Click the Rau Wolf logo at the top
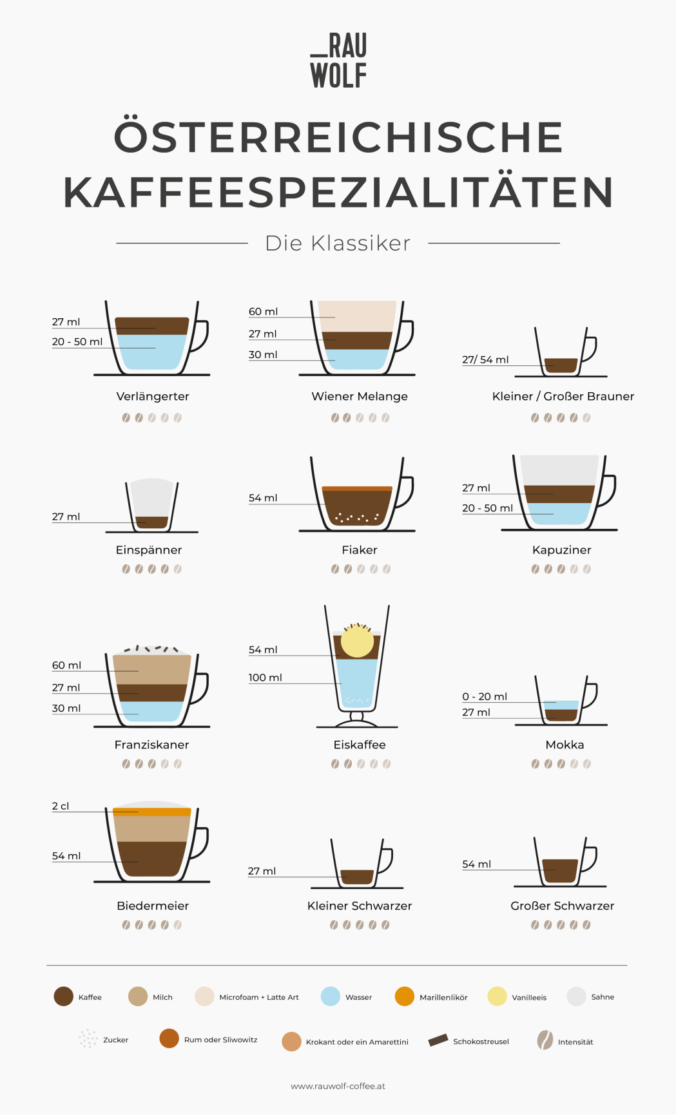(338, 61)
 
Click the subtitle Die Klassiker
(338, 243)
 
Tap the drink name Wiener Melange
(360, 396)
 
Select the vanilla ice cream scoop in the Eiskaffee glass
(357, 641)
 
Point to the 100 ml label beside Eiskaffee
(266, 678)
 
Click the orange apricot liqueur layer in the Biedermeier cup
(152, 812)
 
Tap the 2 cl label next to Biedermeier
(61, 806)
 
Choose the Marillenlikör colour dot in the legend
(405, 996)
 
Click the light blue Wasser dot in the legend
(331, 996)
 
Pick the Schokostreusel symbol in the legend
(438, 1040)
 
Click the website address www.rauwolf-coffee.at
(338, 1086)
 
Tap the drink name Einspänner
(149, 550)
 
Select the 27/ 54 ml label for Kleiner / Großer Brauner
(485, 359)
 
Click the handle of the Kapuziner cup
(608, 491)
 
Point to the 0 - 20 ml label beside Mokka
(485, 696)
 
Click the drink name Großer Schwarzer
(563, 906)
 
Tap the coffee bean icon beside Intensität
(545, 1040)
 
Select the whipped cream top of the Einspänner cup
(152, 497)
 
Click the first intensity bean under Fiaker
(335, 569)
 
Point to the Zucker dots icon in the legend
(88, 1038)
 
